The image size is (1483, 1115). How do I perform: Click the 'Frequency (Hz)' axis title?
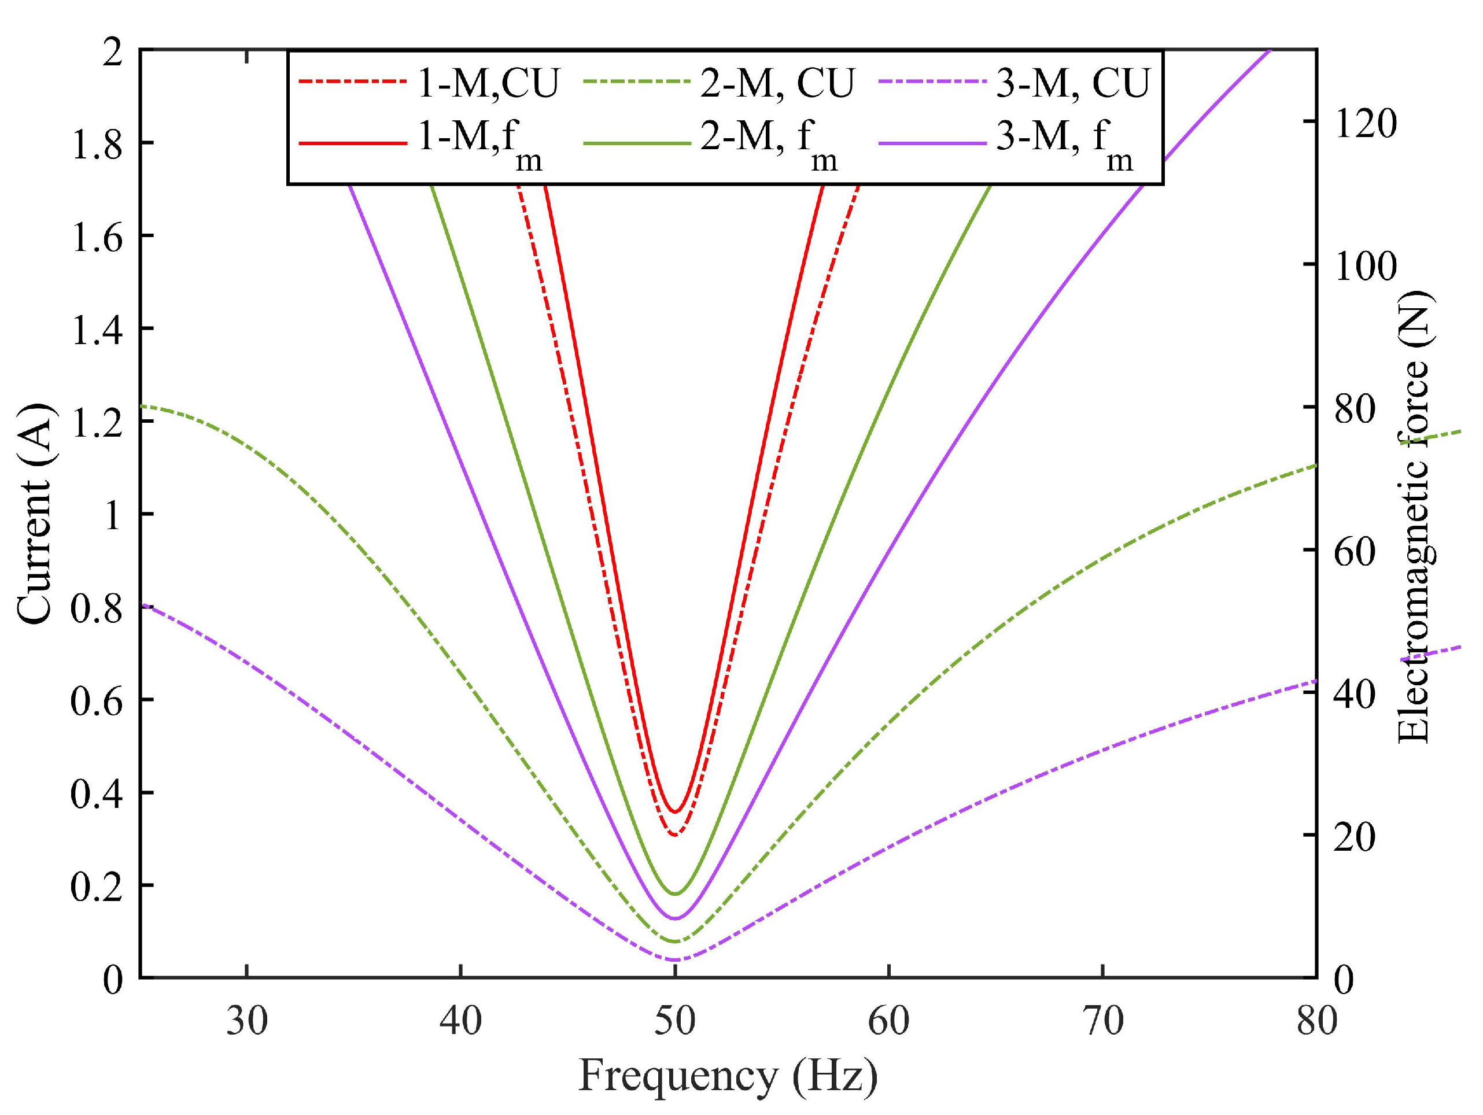[728, 1076]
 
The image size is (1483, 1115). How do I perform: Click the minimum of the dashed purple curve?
[674, 960]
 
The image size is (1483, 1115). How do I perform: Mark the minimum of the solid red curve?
[675, 812]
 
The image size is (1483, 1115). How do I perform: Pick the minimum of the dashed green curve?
[675, 942]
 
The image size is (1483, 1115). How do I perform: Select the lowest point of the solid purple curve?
[675, 918]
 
